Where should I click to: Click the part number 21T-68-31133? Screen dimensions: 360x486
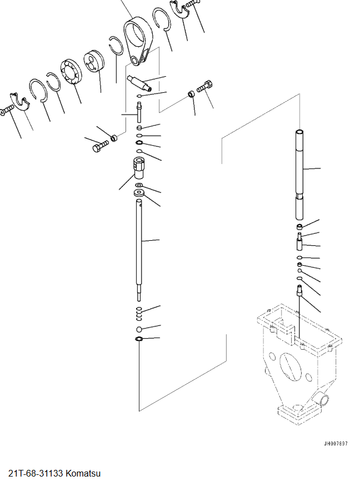(x=36, y=474)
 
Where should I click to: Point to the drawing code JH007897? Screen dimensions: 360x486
(x=336, y=444)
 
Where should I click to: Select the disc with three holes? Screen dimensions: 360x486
(x=94, y=61)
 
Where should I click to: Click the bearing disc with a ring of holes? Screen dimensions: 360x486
(x=72, y=72)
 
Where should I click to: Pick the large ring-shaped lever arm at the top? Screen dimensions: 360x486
(x=137, y=41)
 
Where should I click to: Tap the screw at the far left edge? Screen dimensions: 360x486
(x=7, y=110)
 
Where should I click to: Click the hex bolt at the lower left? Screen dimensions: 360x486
(x=100, y=146)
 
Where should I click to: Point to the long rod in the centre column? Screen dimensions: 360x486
(x=139, y=250)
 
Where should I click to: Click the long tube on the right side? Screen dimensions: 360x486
(x=299, y=175)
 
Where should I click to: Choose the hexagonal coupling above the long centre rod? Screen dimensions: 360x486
(x=139, y=168)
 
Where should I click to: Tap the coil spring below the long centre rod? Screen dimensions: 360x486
(x=139, y=314)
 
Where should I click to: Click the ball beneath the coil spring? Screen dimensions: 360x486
(x=139, y=329)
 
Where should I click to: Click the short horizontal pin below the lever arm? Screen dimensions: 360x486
(x=139, y=83)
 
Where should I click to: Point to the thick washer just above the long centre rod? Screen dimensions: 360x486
(x=139, y=194)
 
